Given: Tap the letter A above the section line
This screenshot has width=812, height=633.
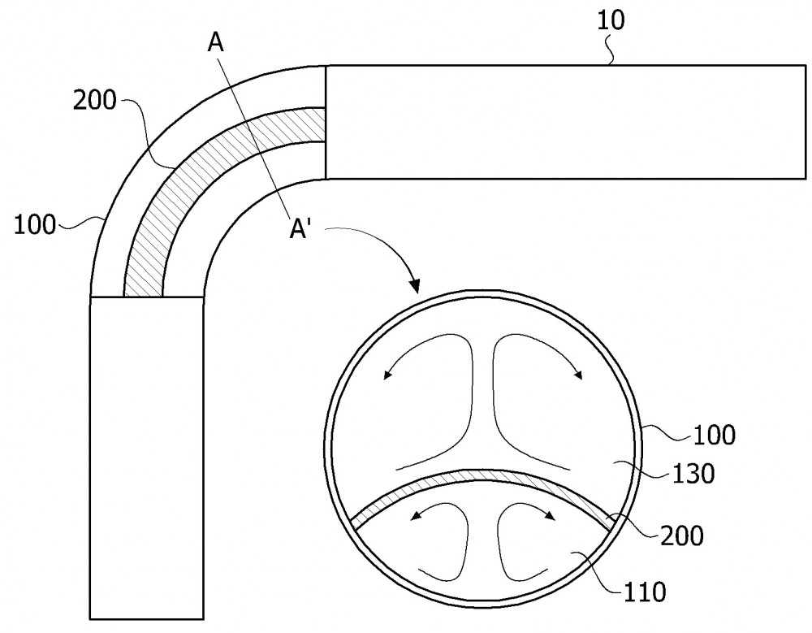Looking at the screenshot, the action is click(x=216, y=42).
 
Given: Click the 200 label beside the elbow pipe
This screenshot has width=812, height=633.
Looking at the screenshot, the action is click(x=95, y=100).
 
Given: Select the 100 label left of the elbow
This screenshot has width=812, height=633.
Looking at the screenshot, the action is click(x=34, y=226).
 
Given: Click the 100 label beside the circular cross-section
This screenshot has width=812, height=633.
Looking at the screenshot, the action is click(x=714, y=435).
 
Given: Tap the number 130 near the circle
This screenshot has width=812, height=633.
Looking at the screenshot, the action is click(x=693, y=473).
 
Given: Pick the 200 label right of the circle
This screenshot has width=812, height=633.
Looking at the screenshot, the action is click(x=682, y=535).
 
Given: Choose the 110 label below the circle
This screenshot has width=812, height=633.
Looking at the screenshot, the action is click(x=644, y=592).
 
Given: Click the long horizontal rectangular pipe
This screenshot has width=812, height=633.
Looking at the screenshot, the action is click(x=565, y=122).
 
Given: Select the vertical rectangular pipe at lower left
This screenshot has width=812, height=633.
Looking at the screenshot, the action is click(x=147, y=457).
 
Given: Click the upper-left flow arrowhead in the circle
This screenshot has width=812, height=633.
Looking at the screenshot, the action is click(x=387, y=375).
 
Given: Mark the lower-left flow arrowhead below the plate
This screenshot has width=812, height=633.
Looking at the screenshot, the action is click(x=414, y=516).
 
